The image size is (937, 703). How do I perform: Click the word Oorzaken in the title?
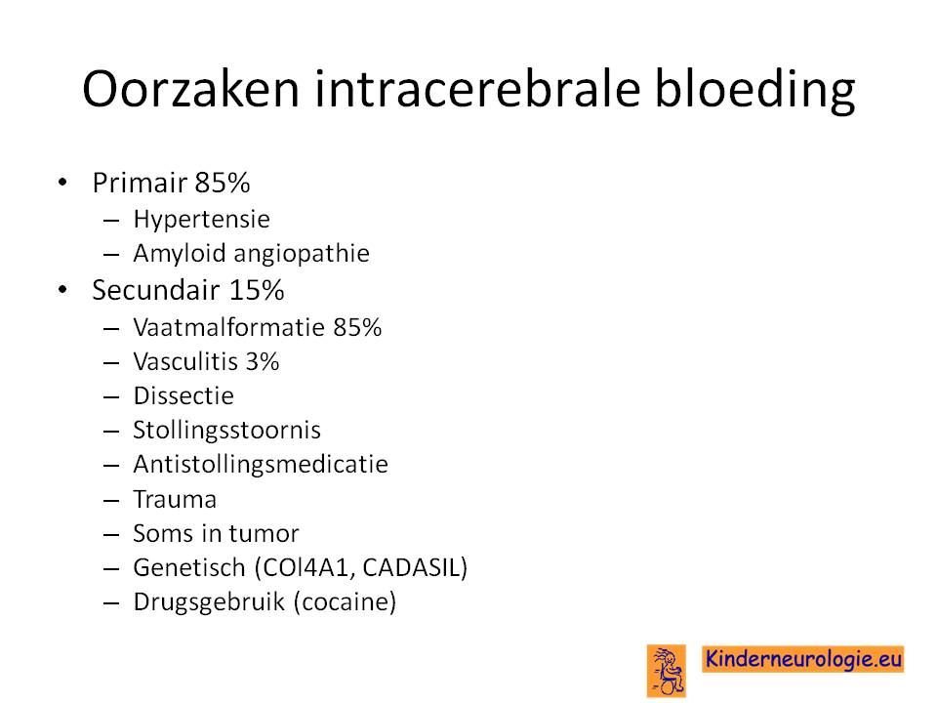[190, 89]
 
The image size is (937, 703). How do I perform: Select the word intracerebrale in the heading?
[477, 88]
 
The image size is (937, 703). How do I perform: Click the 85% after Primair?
[223, 183]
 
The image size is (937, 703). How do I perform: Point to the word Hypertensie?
[201, 220]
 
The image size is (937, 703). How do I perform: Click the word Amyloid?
[180, 254]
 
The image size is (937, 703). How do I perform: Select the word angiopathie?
[302, 254]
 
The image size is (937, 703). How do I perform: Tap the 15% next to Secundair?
[257, 291]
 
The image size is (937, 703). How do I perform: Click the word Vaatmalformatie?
[229, 328]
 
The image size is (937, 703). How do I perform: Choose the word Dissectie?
[183, 396]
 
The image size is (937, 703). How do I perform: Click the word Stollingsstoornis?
[227, 431]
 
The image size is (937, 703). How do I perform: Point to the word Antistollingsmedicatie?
[261, 465]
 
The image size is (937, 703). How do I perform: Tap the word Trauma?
[175, 500]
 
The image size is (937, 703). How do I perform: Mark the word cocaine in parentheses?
[346, 602]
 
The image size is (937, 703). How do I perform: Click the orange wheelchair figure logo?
[667, 671]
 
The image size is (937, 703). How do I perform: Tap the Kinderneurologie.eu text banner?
[803, 659]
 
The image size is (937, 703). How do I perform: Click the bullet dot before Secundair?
[62, 290]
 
